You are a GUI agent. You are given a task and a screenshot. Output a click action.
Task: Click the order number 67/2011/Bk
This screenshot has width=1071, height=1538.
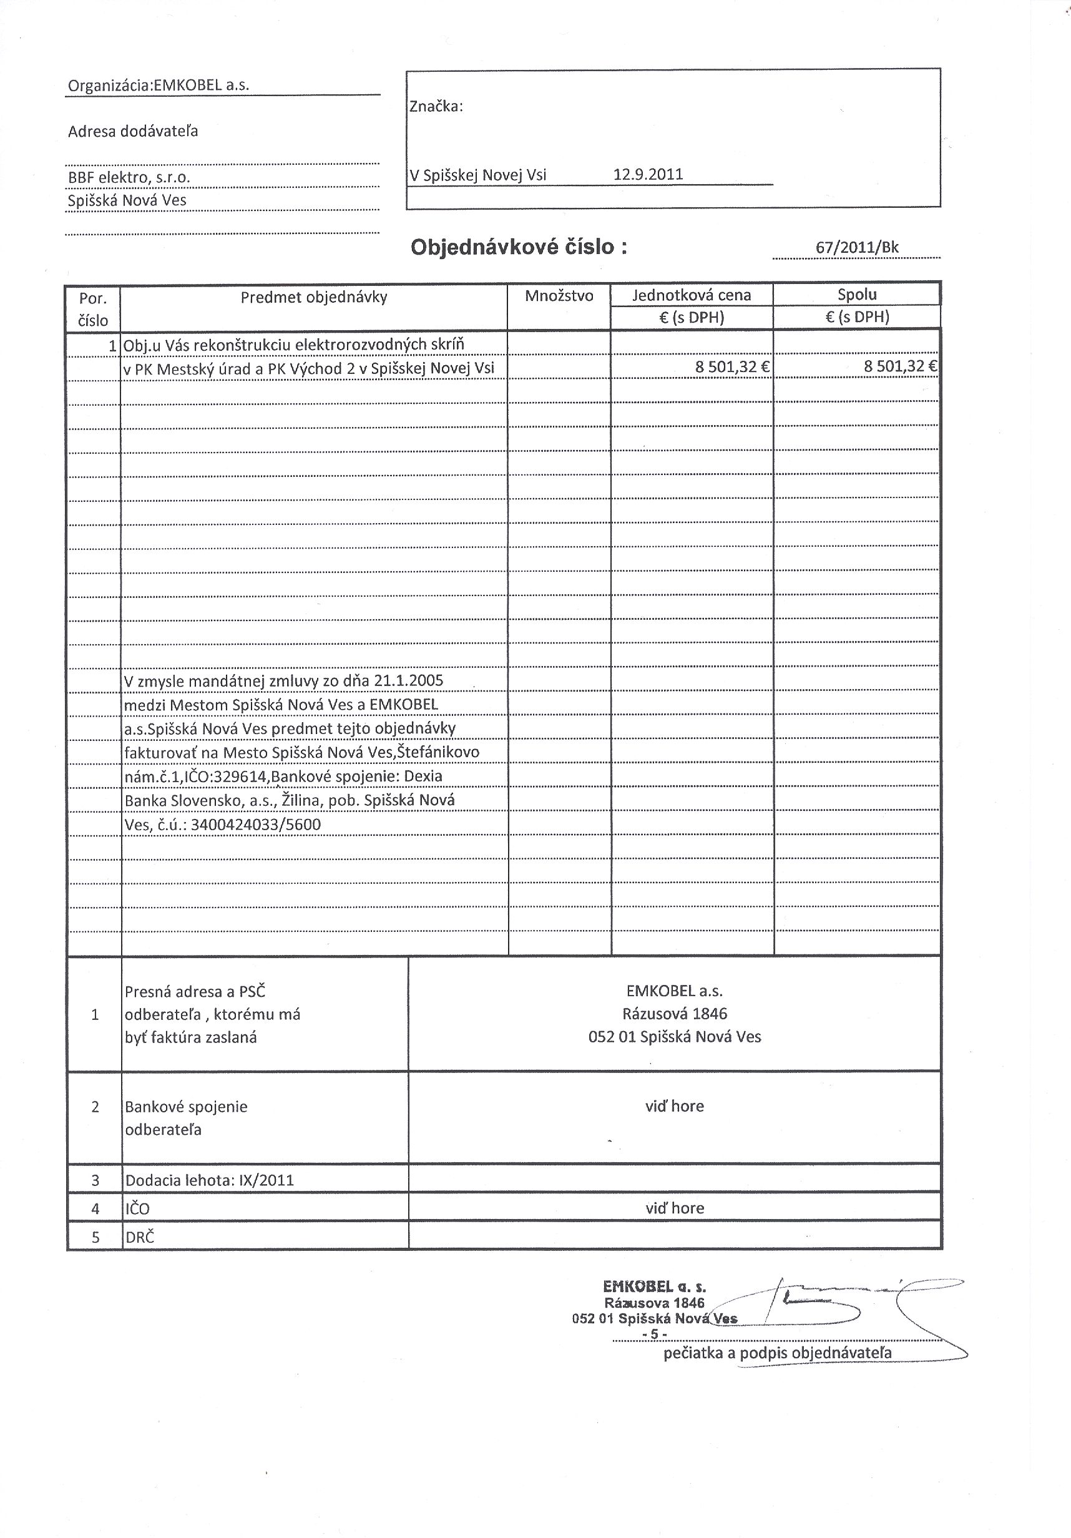[857, 248]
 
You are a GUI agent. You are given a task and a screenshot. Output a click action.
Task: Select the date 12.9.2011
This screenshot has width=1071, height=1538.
[648, 175]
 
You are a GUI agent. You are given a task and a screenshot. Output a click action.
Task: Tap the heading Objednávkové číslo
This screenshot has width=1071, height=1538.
[519, 247]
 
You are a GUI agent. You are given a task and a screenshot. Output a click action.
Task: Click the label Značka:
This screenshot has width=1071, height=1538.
[436, 107]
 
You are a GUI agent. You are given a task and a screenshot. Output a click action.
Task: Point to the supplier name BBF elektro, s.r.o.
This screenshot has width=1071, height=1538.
[129, 177]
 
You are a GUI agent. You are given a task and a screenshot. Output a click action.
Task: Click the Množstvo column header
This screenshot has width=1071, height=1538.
[559, 296]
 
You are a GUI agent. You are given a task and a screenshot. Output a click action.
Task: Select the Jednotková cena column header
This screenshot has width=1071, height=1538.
[692, 295]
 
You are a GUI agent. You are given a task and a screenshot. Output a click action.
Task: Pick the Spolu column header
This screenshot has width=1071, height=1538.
[857, 294]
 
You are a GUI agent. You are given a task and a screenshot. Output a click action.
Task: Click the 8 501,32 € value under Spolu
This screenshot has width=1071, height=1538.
[899, 366]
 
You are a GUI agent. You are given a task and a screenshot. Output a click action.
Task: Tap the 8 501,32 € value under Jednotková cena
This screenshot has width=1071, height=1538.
[732, 366]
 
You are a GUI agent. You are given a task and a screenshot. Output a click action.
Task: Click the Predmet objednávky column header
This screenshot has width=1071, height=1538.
[313, 296]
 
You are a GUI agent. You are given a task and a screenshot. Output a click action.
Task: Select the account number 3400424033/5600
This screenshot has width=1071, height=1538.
[256, 825]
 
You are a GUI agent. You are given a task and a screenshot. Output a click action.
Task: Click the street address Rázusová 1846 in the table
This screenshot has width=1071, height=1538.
[674, 1014]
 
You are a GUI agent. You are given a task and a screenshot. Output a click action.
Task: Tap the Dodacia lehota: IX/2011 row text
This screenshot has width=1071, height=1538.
[210, 1180]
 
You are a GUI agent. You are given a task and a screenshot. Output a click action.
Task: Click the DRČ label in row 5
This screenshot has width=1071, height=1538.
[139, 1237]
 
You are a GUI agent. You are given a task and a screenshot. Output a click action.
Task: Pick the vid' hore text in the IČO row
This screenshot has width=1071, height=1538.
[674, 1208]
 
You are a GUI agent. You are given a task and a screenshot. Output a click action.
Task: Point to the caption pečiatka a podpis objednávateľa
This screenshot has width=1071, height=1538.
[777, 1353]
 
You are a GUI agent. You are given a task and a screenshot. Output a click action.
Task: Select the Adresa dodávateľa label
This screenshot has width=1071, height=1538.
[132, 131]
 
